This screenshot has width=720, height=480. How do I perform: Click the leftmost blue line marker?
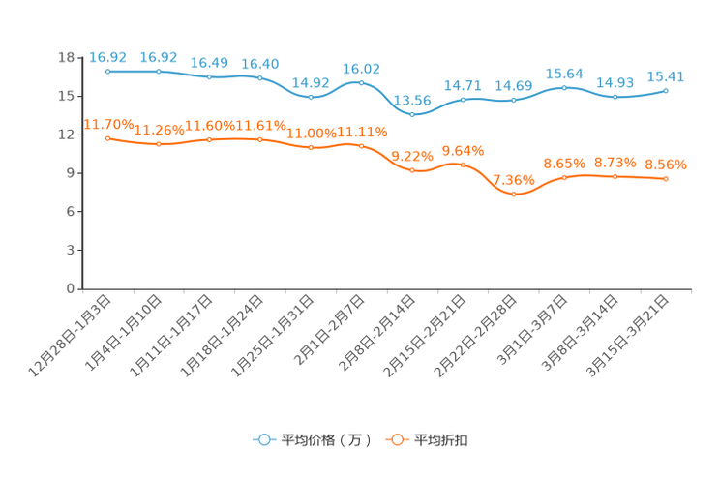[107, 71]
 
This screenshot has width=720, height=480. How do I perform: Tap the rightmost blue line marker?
[666, 90]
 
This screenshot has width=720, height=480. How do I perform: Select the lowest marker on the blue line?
[412, 114]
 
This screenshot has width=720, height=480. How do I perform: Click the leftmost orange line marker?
[107, 138]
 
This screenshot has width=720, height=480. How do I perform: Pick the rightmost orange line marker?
[666, 179]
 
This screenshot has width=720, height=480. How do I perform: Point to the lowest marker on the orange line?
[514, 195]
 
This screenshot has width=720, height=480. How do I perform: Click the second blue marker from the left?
[158, 71]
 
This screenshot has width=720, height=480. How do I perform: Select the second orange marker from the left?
[158, 144]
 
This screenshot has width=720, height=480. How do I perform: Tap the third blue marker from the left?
[209, 76]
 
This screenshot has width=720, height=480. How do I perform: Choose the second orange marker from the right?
[615, 176]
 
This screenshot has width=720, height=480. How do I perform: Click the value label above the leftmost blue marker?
[107, 57]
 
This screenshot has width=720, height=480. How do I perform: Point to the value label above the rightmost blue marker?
[666, 76]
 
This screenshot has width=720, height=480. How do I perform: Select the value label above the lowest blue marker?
[413, 100]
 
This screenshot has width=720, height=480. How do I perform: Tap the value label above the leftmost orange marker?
[107, 124]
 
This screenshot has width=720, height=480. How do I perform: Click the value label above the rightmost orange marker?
[666, 165]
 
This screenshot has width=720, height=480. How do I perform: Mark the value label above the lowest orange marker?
[514, 180]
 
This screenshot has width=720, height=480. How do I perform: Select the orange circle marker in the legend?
[397, 440]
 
